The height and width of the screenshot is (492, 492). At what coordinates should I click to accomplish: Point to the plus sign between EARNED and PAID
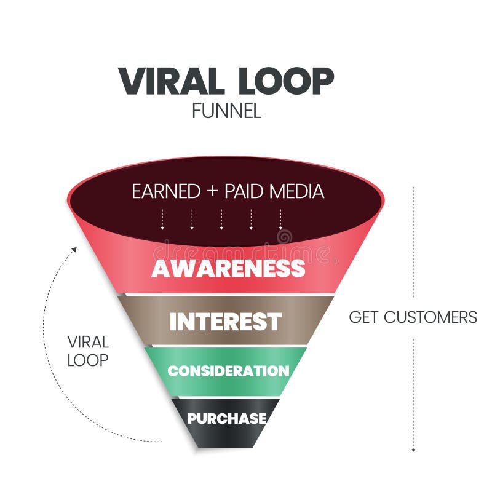[x=213, y=192]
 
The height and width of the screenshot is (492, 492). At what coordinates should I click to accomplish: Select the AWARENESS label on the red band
[x=228, y=268]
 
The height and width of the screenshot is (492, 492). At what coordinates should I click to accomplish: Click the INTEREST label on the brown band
[x=226, y=321]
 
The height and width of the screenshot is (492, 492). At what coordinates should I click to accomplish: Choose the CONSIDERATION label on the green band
[x=228, y=371]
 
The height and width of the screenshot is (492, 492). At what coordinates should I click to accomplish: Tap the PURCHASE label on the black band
[x=227, y=419]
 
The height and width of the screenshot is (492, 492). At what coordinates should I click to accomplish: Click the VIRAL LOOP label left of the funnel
[x=87, y=351]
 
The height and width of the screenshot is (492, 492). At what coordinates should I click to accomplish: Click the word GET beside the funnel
[x=363, y=317]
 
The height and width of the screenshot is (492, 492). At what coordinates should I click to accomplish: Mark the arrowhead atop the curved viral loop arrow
[x=74, y=249]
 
